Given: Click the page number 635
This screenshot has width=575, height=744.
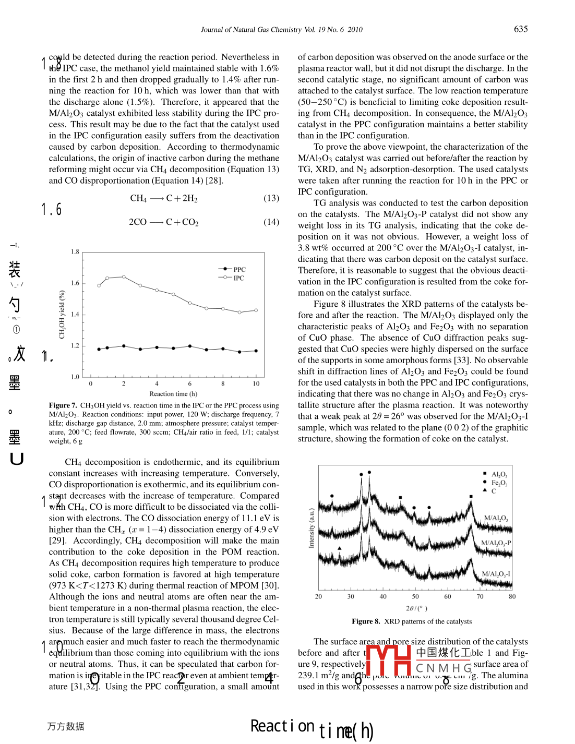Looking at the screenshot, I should coord(520,29).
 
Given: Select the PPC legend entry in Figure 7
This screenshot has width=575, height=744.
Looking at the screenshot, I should coord(239,269).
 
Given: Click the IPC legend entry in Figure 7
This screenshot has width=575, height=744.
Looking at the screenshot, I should coord(238,278).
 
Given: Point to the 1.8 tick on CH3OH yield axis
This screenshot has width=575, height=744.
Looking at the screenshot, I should coord(75,252).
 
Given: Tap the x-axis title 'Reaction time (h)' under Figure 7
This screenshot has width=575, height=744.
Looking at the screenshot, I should coord(173,394).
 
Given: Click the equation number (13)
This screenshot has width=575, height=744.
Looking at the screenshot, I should coord(271,198).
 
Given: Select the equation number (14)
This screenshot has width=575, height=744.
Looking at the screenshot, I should coord(271,222).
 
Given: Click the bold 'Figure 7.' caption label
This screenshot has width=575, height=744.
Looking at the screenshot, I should coord(63,405).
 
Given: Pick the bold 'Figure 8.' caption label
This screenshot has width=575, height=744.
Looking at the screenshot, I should coord(366,621).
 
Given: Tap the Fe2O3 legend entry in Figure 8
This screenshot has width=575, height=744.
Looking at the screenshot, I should coord(499,483).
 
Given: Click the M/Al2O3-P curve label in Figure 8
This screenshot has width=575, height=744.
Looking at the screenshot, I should coord(496,543).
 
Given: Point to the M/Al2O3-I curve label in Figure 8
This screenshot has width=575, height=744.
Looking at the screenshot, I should coord(496,574).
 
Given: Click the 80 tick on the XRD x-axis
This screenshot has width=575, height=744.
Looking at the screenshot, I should coord(512,596).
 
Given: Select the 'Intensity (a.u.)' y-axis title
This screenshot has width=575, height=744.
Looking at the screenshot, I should coord(312,528).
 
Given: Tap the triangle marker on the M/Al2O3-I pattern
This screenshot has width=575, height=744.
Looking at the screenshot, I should coord(340,548).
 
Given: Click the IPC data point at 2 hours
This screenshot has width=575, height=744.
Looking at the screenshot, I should coord(124,277).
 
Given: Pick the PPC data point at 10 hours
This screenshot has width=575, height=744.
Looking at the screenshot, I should coord(256,351).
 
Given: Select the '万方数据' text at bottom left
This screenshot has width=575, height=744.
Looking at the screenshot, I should coord(65,726).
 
